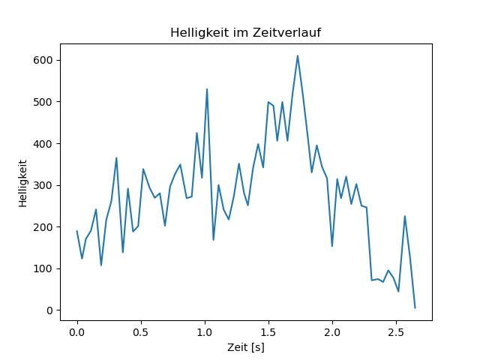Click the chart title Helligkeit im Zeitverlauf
(x=246, y=33)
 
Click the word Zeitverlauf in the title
(x=292, y=33)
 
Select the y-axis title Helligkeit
(x=24, y=183)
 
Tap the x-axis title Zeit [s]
(x=246, y=347)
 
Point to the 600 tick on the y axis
(x=46, y=60)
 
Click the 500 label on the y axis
(x=46, y=102)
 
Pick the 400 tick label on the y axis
(x=46, y=143)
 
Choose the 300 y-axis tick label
(x=46, y=185)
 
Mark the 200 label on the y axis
(x=46, y=227)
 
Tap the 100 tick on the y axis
(x=46, y=268)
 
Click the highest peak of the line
(x=298, y=55)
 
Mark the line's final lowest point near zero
(x=415, y=307)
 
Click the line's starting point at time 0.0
(x=77, y=231)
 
